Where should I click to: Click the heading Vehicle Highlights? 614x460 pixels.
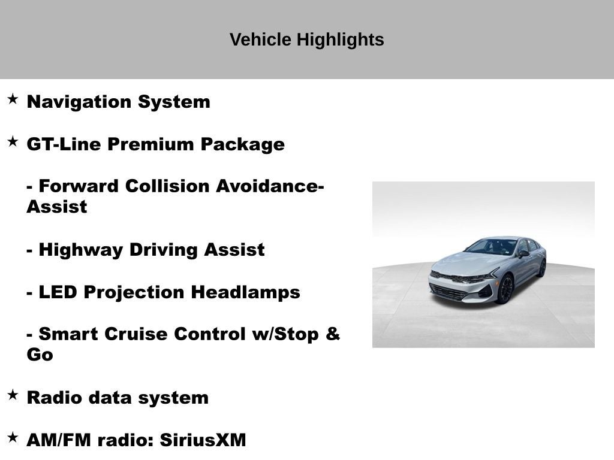[x=306, y=40]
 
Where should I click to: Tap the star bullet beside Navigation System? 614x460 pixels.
[x=13, y=99]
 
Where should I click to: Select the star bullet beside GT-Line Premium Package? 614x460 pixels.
[x=13, y=141]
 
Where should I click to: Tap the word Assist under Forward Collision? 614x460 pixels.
[x=56, y=207]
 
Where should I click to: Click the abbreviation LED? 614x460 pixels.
[x=58, y=292]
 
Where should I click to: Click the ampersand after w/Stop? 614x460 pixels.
[x=333, y=334]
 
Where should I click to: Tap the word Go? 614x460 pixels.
[x=40, y=355]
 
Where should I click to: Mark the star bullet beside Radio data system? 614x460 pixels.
[x=13, y=395]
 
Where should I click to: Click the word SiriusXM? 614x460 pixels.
[x=203, y=440]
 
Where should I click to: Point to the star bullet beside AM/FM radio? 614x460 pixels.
[x=13, y=437]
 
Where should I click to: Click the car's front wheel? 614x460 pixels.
[x=505, y=289]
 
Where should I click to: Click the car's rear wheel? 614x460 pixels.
[x=542, y=267]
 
